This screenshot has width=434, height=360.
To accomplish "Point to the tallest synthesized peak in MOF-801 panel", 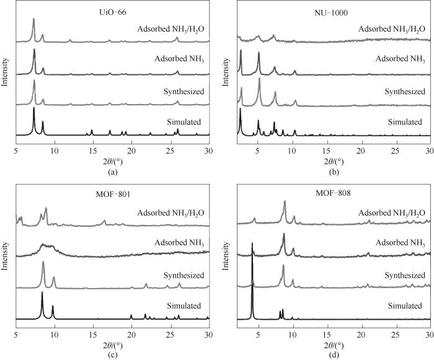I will coord(43,263).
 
